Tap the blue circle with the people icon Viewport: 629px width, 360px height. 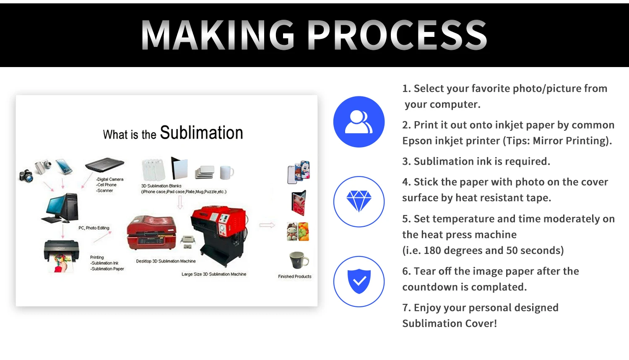(359, 122)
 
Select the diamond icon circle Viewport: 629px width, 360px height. (359, 202)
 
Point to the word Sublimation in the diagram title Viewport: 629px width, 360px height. (201, 133)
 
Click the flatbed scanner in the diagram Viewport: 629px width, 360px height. (104, 165)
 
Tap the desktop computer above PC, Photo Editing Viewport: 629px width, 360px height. (62, 207)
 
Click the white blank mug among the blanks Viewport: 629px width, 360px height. (226, 171)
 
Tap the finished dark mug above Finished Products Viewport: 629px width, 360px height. (299, 260)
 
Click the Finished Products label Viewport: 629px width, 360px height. (294, 277)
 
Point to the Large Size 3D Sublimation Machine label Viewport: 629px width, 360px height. (214, 274)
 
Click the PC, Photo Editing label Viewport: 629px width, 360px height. (94, 228)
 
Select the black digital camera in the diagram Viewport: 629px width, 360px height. (26, 176)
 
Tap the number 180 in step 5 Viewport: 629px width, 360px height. (432, 251)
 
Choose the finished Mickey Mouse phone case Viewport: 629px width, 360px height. (299, 172)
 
